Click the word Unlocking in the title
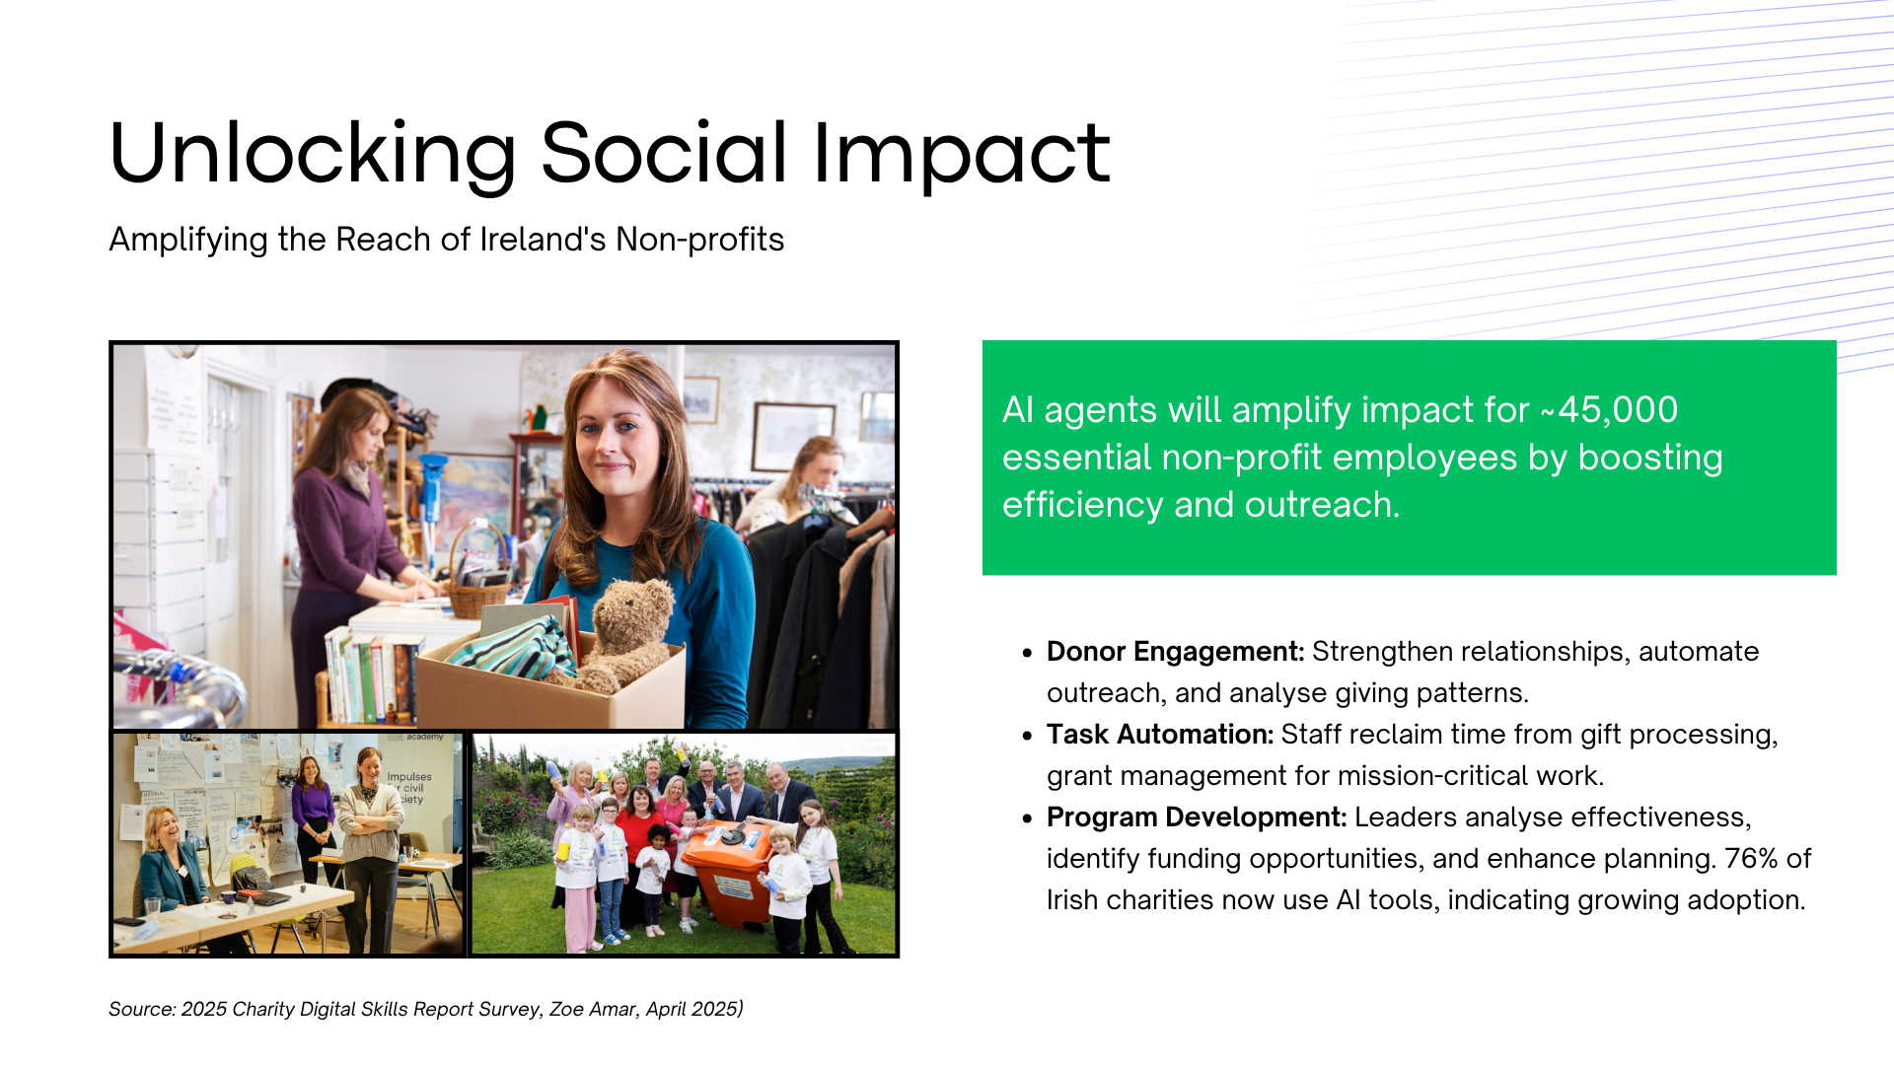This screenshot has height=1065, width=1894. (x=313, y=154)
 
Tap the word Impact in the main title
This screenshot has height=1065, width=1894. (x=962, y=156)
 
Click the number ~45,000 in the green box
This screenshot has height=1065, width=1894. (x=1609, y=410)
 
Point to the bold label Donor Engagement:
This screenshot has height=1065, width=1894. (x=1175, y=652)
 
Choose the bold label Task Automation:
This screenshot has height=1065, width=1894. (x=1160, y=735)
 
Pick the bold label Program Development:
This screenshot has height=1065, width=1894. (x=1197, y=817)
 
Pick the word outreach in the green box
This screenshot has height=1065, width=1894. (x=1321, y=505)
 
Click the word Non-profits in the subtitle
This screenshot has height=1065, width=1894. (x=699, y=240)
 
